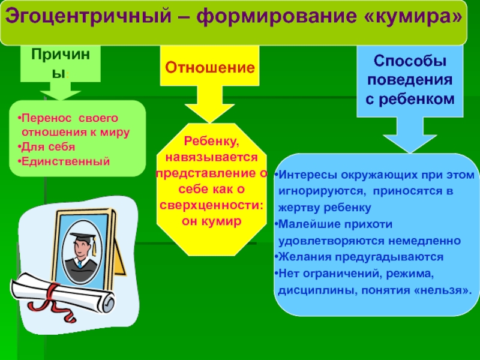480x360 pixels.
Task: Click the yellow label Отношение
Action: [x=209, y=67]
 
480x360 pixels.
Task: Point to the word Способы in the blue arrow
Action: [x=410, y=62]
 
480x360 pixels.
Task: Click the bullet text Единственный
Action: [x=65, y=162]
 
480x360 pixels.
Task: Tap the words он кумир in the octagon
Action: [x=211, y=221]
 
